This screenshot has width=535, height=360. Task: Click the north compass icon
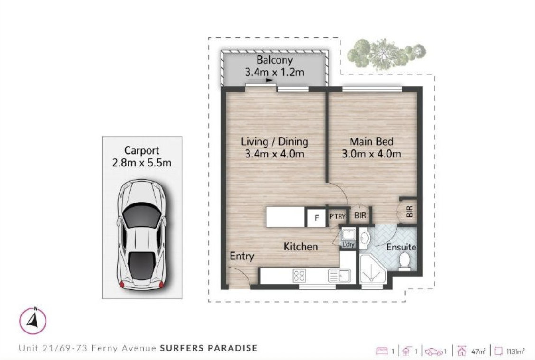32,321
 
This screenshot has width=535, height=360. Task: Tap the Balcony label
274,60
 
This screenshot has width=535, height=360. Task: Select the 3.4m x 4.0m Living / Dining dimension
274,154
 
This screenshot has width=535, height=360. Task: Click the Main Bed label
371,141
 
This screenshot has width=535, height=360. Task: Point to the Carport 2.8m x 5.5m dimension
142,163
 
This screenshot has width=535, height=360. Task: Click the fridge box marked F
316,218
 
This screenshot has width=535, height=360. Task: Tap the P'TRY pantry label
337,216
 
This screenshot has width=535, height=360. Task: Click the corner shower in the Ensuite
373,269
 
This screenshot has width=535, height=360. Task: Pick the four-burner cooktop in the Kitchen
299,276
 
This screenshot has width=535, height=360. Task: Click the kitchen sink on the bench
339,276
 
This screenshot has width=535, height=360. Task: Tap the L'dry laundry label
349,244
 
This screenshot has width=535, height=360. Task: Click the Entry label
241,256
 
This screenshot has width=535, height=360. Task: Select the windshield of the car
141,215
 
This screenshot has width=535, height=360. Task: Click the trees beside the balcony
387,54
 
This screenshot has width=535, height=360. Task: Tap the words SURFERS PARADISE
209,348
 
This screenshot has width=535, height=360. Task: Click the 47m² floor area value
478,351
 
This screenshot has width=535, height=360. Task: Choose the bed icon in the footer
382,351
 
